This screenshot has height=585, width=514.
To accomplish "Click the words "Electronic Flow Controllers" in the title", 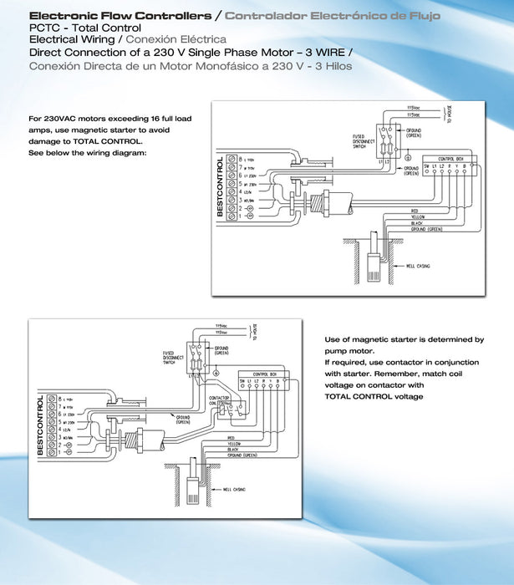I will click(x=120, y=16).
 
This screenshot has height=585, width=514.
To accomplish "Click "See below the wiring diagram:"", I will click(x=87, y=153).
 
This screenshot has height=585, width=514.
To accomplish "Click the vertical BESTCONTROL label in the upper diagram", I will click(x=221, y=187).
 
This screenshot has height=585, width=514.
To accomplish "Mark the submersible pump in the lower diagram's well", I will click(x=192, y=488).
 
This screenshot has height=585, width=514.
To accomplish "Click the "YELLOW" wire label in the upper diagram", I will click(x=419, y=216).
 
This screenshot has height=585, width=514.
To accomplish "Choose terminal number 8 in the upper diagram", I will click(x=241, y=159).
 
